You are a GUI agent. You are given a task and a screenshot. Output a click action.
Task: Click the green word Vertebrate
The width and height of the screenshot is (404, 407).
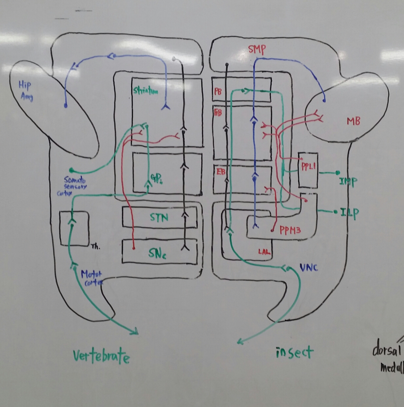click(x=101, y=356)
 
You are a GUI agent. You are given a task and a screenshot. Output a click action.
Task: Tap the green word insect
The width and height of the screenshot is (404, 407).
click(x=294, y=353)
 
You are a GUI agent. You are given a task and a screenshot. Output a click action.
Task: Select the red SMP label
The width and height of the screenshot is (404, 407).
click(x=257, y=49)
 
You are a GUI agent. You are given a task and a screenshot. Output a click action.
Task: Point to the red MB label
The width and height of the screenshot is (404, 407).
click(x=353, y=121)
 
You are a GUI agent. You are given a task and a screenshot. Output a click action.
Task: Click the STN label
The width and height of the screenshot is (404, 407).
click(x=159, y=218)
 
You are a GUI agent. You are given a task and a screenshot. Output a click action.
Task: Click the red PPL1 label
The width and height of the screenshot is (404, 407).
click(x=308, y=166)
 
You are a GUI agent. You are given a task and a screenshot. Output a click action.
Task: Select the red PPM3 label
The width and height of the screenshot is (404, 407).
click(x=290, y=230)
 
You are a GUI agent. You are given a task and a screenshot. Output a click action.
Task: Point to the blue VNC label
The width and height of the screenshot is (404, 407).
click(x=309, y=268)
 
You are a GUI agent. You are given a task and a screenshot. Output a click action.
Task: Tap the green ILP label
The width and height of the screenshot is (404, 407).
click(x=349, y=213)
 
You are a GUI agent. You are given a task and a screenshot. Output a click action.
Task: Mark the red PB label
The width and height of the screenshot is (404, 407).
click(x=218, y=91)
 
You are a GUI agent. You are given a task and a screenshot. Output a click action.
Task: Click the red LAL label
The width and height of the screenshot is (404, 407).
click(x=264, y=252)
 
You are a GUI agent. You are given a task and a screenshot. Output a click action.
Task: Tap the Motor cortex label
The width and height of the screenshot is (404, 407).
click(x=91, y=278)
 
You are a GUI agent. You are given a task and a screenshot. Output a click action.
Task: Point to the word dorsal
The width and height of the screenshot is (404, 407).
click(x=387, y=350)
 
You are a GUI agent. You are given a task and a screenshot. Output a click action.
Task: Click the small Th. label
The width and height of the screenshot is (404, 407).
click(x=96, y=247)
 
